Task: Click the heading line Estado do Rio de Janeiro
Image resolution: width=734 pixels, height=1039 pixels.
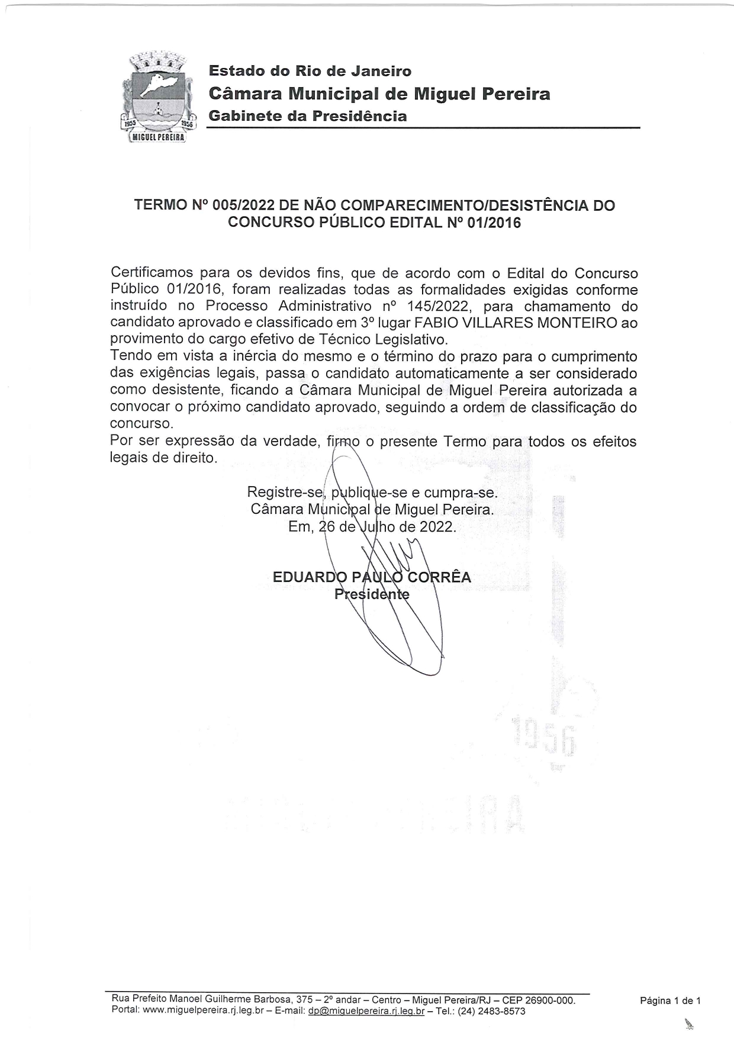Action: pos(310,71)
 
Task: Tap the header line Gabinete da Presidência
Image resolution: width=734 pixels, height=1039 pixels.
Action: pos(307,116)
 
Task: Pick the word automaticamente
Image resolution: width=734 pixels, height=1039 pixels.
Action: pos(463,374)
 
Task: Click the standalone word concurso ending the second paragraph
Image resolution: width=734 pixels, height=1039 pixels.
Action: pos(141,424)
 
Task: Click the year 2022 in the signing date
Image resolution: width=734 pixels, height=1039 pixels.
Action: pos(437,527)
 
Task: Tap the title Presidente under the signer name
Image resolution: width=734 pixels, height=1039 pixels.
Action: pos(372,594)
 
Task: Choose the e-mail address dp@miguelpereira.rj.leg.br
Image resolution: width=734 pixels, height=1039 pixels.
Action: pos(366,1011)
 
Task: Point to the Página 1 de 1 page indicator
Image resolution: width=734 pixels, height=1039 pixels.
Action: pos(670,1001)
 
